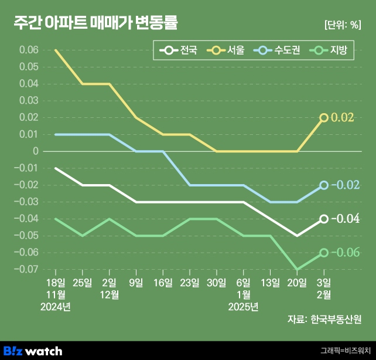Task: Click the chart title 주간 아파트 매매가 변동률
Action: [x=95, y=23]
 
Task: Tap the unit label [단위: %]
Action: [x=342, y=25]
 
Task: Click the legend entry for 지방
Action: [x=331, y=51]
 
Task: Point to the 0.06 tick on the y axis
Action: [x=29, y=50]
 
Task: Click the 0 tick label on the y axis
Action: [x=36, y=151]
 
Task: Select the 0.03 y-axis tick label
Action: [x=29, y=101]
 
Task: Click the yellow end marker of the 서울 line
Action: [x=324, y=118]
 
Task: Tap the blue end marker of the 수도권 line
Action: [x=324, y=185]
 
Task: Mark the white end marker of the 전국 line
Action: [x=324, y=219]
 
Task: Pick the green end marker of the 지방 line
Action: [x=324, y=253]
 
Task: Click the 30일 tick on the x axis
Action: [x=217, y=283]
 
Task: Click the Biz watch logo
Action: [x=33, y=351]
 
